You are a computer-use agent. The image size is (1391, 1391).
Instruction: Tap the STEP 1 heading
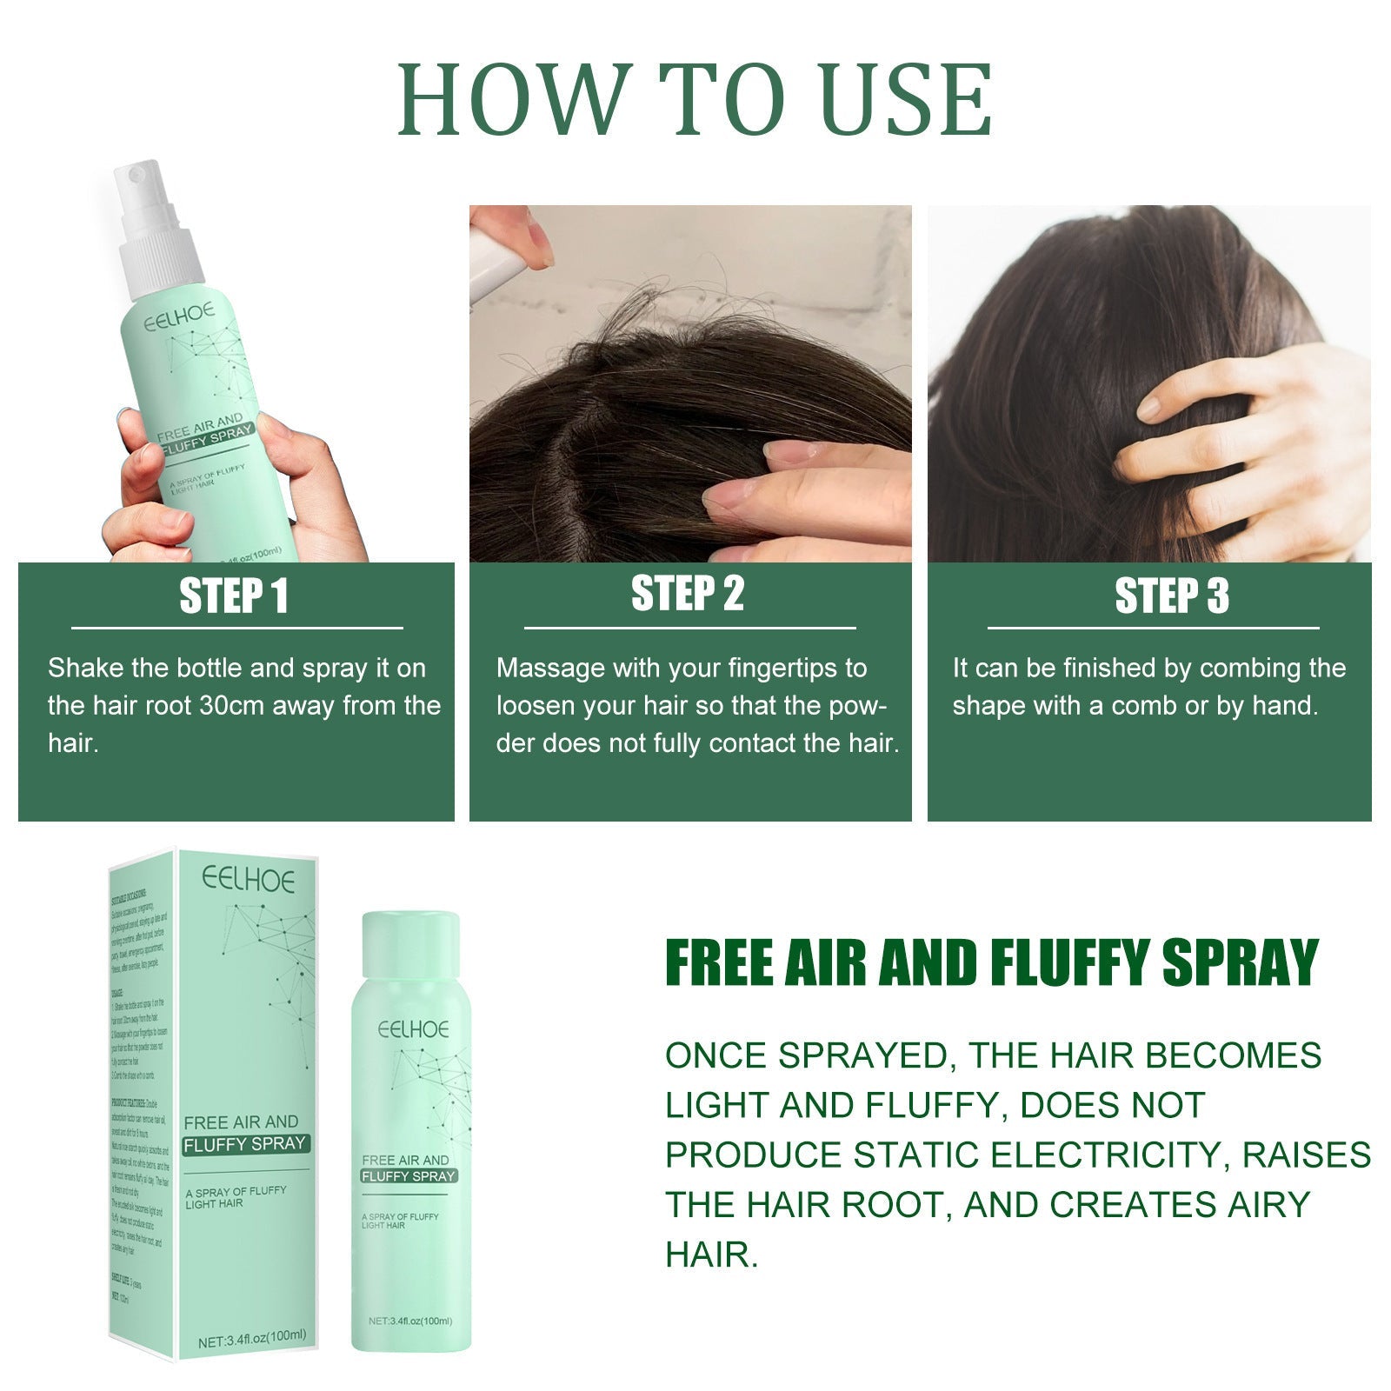click(x=233, y=596)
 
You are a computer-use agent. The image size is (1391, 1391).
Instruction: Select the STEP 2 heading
click(x=688, y=594)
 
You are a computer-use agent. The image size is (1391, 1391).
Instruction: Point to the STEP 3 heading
click(x=1172, y=596)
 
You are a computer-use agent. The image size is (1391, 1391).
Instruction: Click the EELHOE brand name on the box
click(x=249, y=879)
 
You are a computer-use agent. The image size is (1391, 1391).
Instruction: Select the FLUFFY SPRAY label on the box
click(x=244, y=1144)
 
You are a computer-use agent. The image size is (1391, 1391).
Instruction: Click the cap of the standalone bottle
click(x=409, y=943)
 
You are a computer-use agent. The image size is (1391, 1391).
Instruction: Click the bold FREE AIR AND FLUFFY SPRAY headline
click(x=991, y=962)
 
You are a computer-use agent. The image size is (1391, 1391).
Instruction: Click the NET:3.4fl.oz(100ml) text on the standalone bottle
click(x=410, y=1321)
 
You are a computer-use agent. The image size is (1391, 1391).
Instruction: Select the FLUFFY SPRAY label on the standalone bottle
click(x=409, y=1176)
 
